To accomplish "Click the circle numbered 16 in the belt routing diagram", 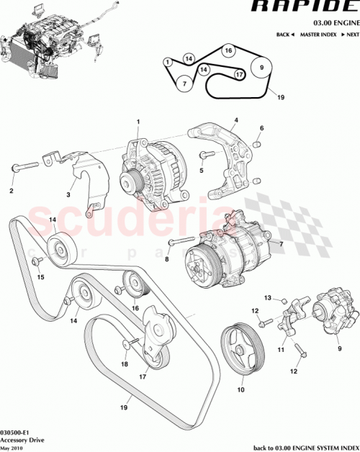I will coord(228,51).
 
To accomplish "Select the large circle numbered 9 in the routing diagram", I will coord(262,69).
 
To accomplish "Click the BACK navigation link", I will coord(286,35).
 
